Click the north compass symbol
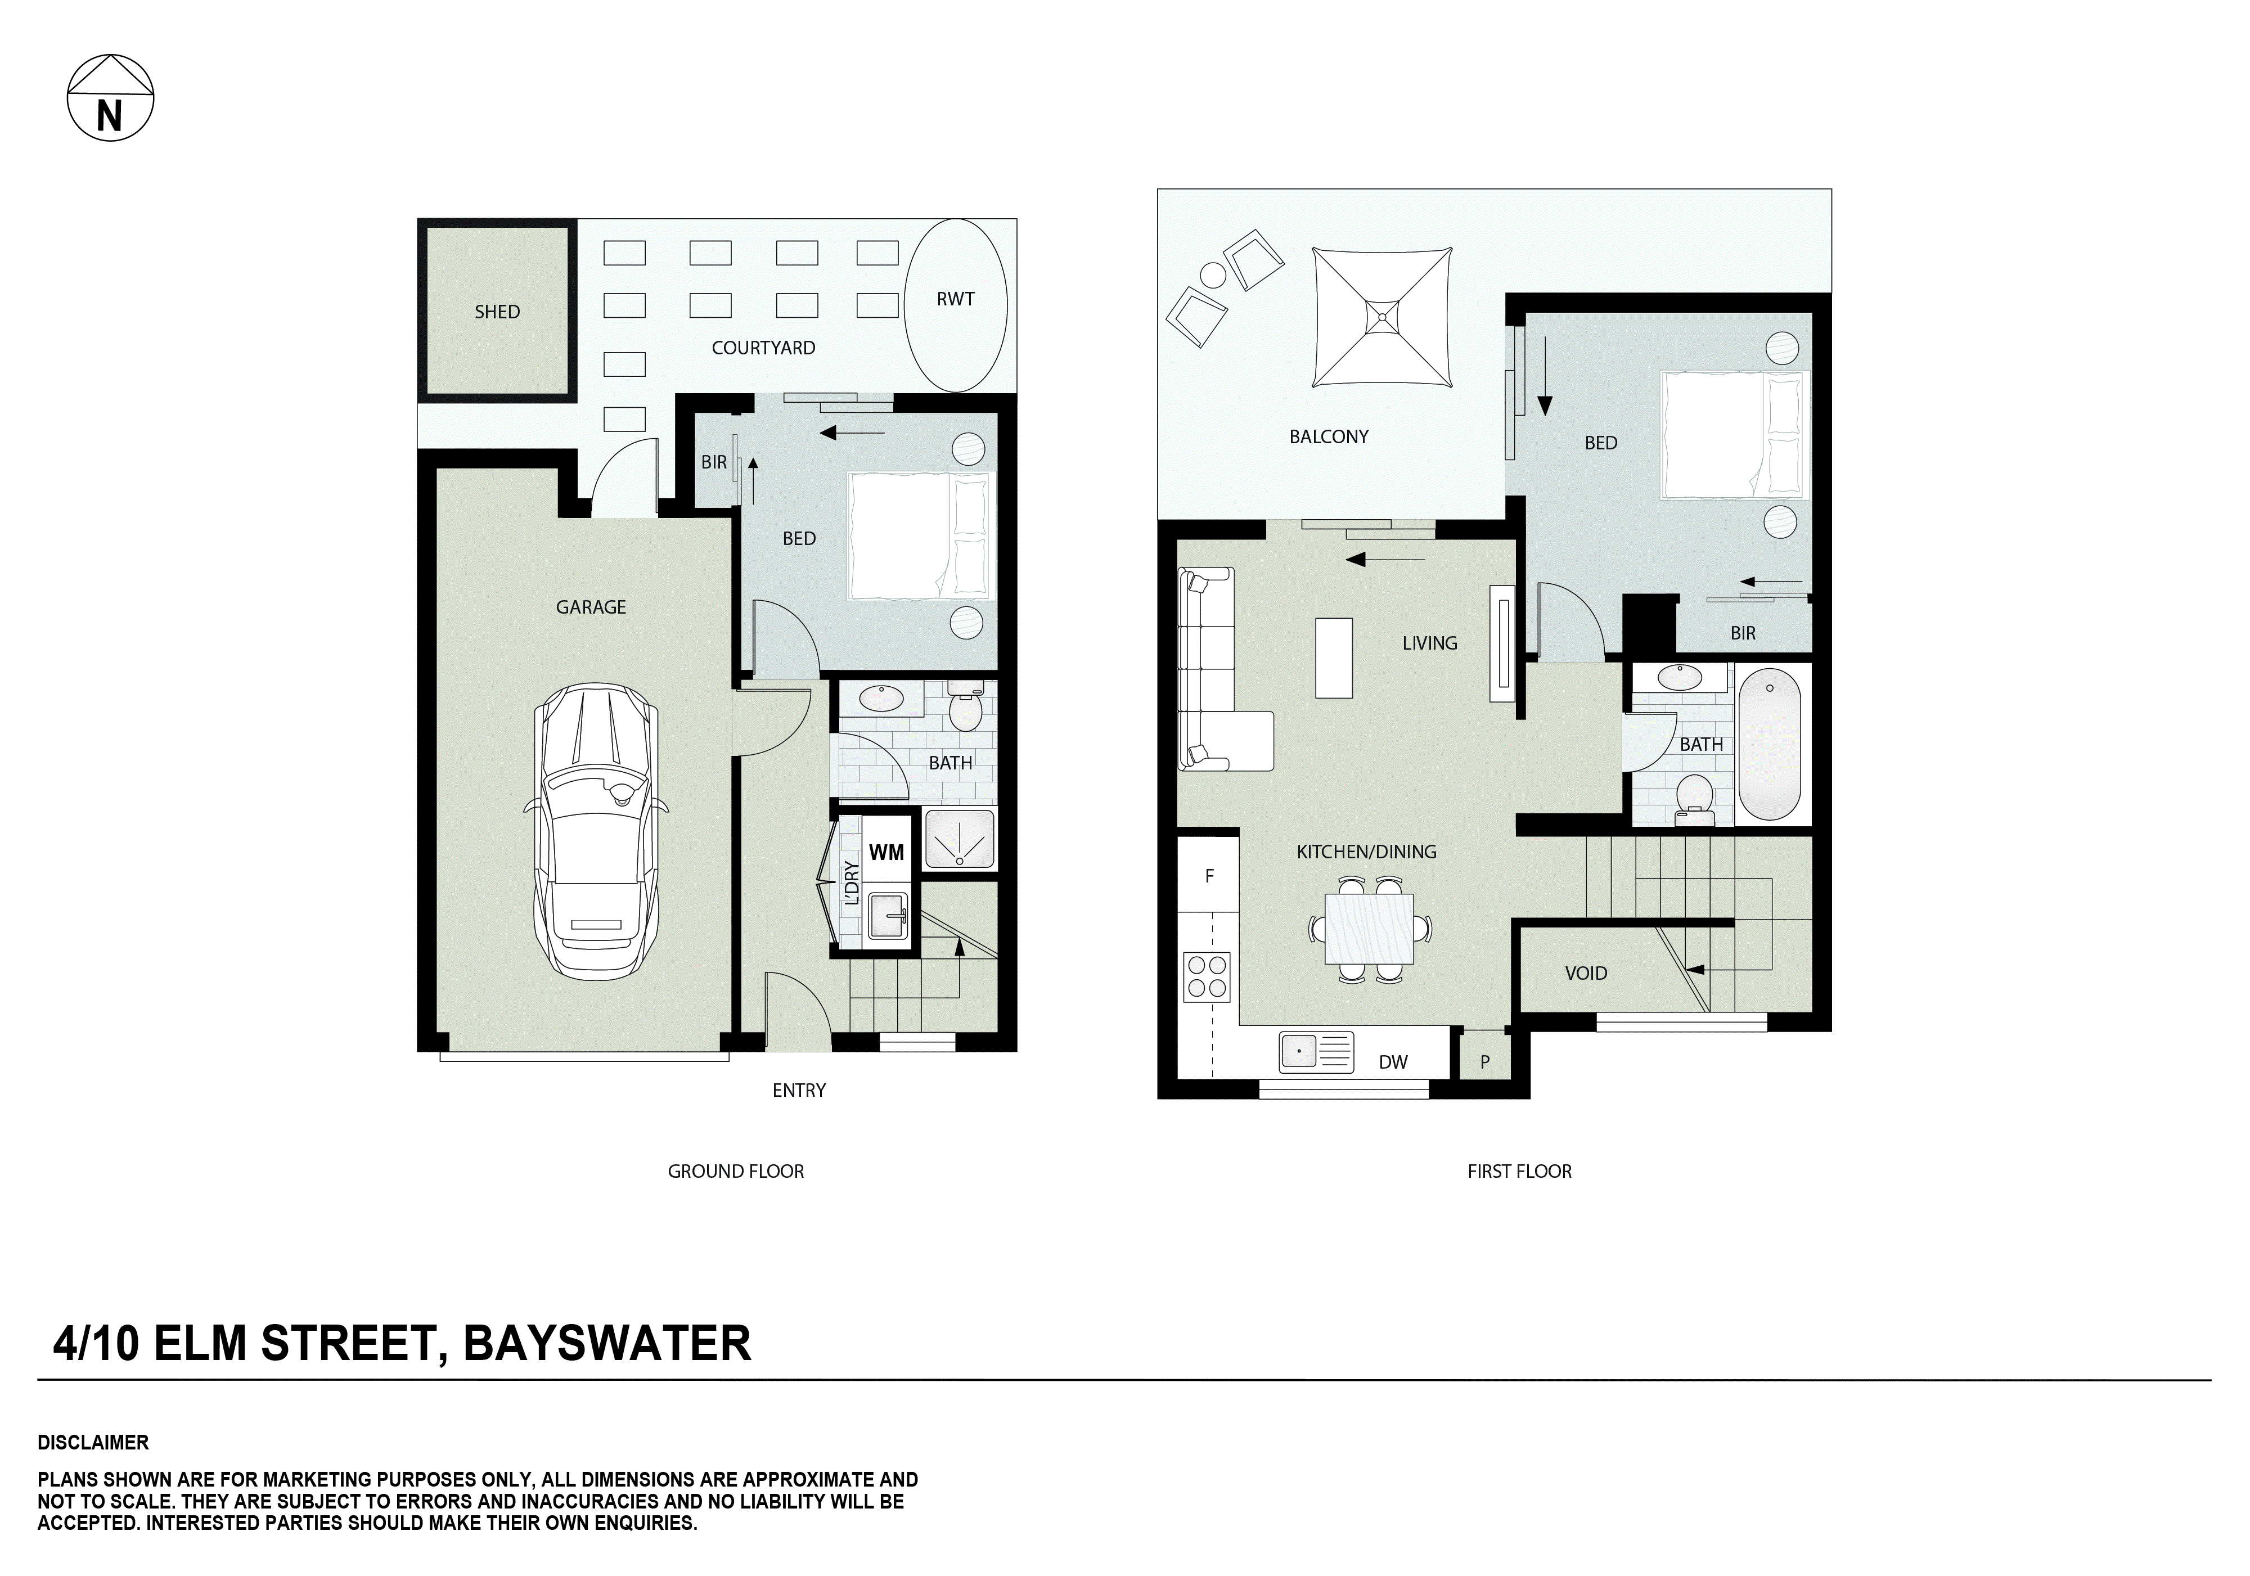[110, 98]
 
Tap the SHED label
[497, 312]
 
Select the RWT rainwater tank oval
[956, 304]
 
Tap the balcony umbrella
[1381, 317]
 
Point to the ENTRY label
[799, 1090]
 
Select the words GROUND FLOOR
[735, 1171]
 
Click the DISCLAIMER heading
[93, 1443]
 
